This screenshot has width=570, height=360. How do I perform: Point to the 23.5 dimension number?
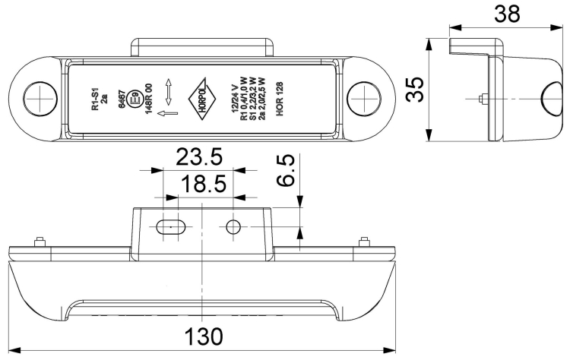[x=199, y=158]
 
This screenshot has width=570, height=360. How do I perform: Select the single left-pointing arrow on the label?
[x=170, y=115]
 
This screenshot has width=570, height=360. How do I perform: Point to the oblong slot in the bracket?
[x=172, y=226]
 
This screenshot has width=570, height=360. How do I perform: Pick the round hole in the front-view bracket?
[x=233, y=226]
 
